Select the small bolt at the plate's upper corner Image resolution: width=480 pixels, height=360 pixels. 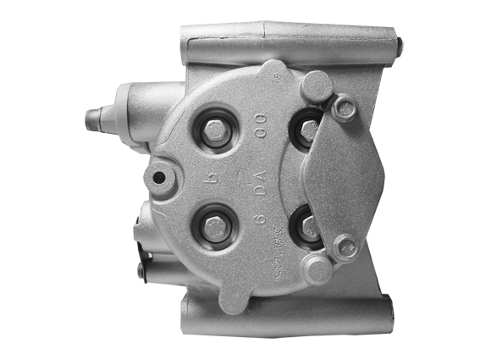(345, 108)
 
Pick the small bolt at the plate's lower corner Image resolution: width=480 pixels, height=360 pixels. (344, 247)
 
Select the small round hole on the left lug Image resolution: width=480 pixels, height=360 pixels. (159, 177)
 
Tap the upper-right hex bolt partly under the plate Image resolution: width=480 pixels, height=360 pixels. (309, 131)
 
